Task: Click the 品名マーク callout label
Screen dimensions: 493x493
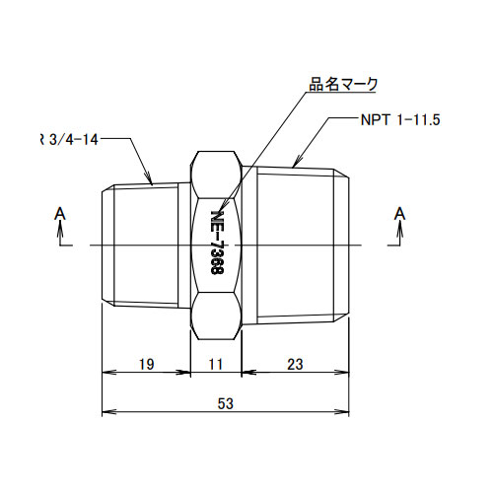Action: click(343, 85)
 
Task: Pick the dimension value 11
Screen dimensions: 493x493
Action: click(217, 364)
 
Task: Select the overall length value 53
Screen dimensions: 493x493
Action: click(225, 403)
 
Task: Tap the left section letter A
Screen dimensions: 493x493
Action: click(60, 212)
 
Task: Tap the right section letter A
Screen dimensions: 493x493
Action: click(399, 212)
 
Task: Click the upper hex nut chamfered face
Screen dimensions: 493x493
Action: click(216, 172)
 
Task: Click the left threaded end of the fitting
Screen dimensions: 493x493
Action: click(144, 244)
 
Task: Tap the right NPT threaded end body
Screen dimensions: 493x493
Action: click(300, 244)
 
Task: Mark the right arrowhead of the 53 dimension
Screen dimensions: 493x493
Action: click(347, 410)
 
